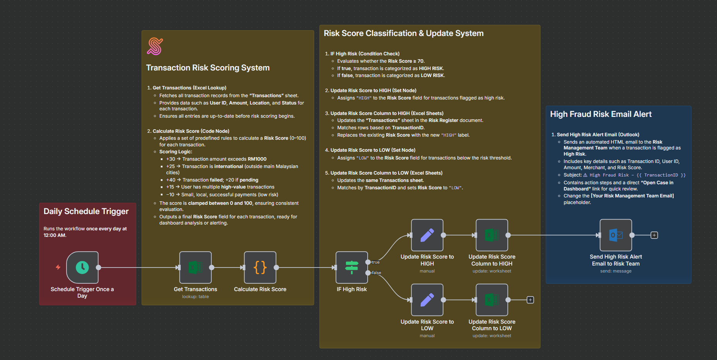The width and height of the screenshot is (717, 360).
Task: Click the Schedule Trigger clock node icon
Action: (82, 267)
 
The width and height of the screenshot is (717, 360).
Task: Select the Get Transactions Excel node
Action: (195, 267)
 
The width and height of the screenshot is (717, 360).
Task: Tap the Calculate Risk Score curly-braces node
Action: (260, 267)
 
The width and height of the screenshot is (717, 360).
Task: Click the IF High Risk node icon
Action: (351, 267)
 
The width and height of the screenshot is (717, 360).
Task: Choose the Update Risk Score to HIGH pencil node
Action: (427, 235)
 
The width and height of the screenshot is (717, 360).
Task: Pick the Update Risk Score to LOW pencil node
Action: (427, 300)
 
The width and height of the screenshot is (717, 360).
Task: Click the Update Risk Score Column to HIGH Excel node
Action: (492, 235)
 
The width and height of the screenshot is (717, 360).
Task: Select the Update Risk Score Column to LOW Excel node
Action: (492, 300)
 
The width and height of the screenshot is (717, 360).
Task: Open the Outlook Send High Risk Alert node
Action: (616, 235)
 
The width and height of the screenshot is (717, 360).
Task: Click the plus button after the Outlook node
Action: (654, 235)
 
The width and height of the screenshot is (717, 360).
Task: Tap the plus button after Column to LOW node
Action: (530, 300)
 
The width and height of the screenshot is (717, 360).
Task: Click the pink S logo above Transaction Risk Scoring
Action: (155, 46)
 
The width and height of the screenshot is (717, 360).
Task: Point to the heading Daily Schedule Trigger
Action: (86, 211)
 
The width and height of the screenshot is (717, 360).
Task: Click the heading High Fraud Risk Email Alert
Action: (601, 114)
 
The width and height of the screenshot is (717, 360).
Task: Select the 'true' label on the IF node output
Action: (376, 262)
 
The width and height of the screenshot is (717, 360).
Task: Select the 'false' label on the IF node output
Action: (376, 273)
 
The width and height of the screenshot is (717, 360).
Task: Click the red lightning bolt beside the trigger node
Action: (58, 267)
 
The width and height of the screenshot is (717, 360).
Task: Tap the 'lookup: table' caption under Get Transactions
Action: (195, 297)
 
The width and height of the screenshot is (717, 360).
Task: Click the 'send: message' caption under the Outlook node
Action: (616, 271)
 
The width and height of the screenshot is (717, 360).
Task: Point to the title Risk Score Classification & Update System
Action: (404, 33)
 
